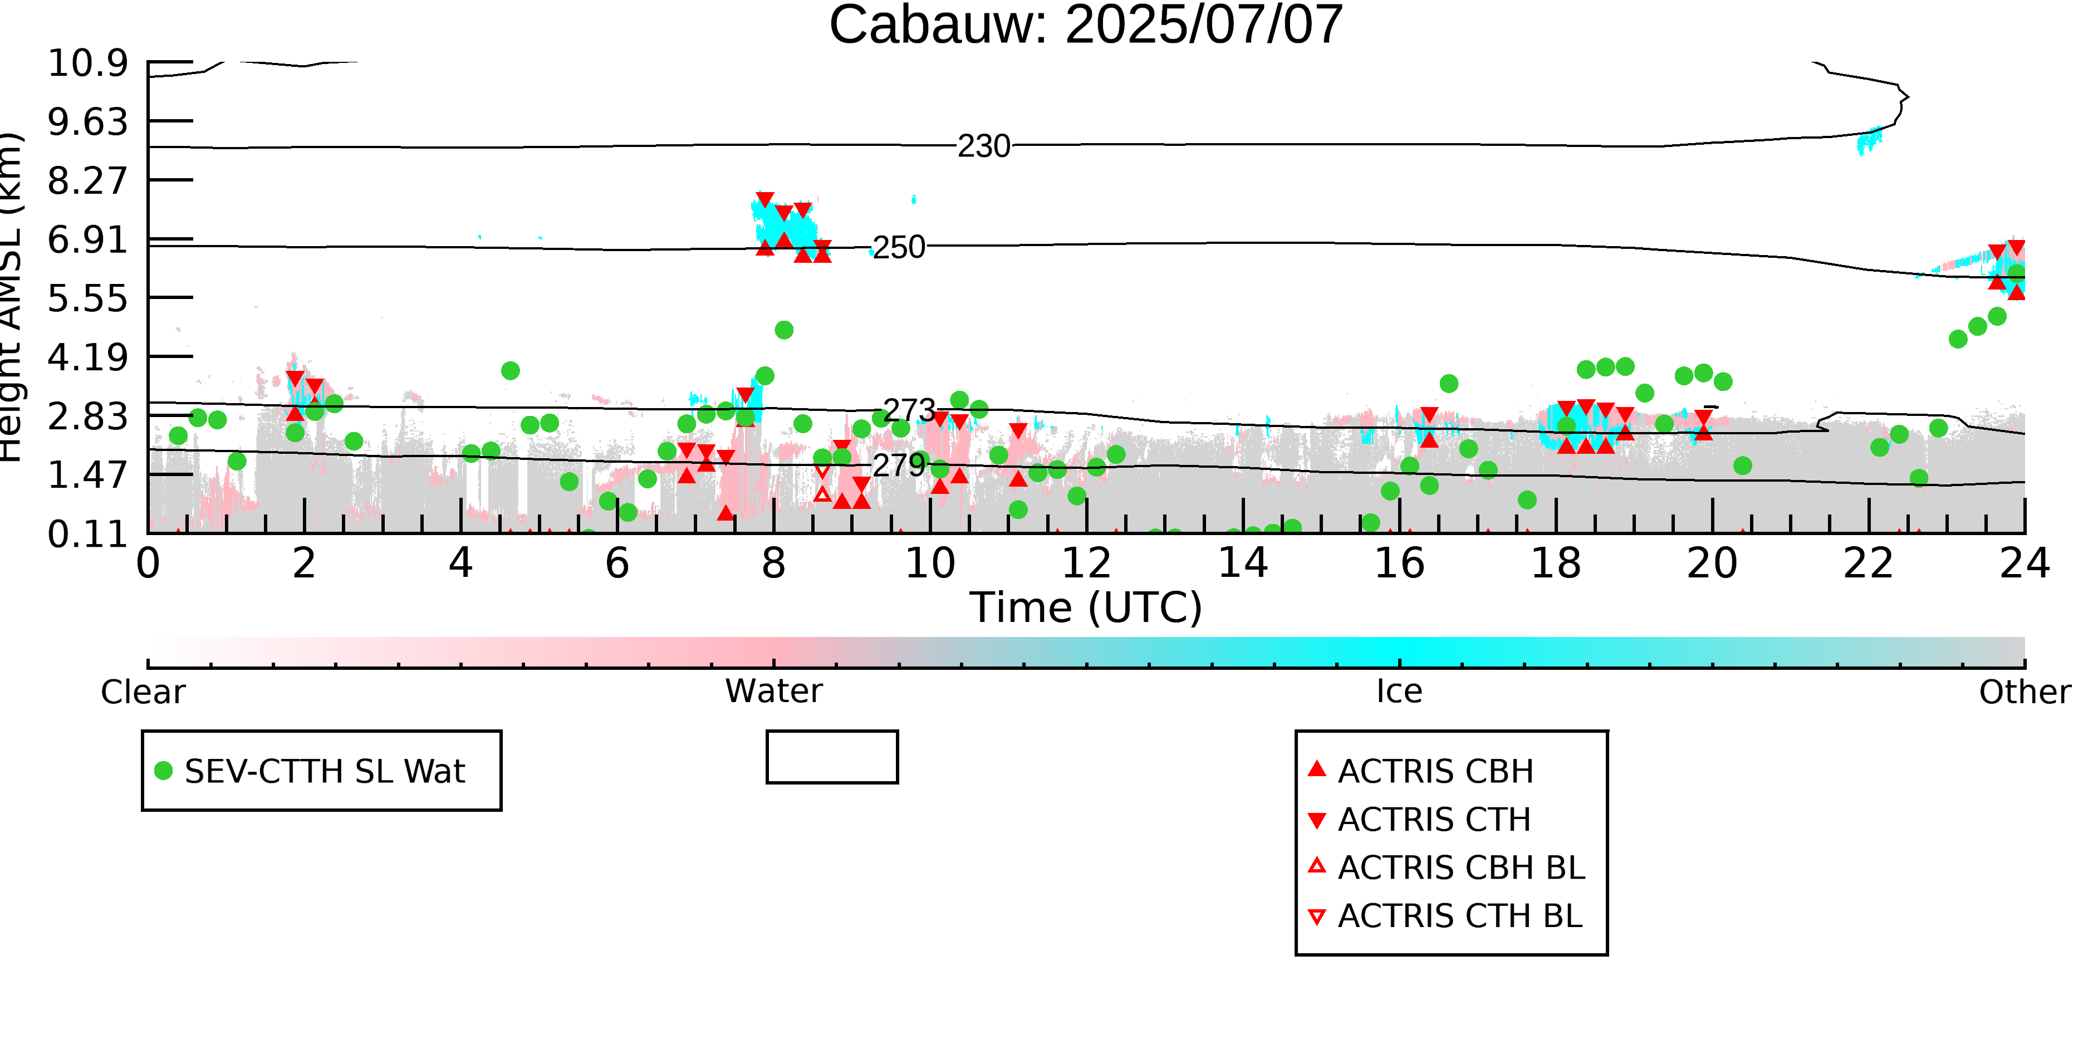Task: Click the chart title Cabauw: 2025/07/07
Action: [x=1085, y=24]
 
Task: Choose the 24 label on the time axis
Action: [x=2025, y=563]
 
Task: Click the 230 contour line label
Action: [x=984, y=146]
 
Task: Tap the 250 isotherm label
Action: [x=898, y=247]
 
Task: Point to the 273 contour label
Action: [x=909, y=411]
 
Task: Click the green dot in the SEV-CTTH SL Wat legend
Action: [x=164, y=771]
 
